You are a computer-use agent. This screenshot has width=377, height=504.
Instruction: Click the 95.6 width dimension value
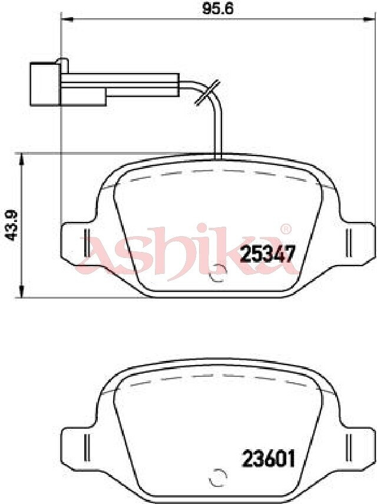tap(217, 9)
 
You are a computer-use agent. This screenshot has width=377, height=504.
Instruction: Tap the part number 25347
tap(267, 254)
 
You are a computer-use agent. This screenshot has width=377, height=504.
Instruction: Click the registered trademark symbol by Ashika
tap(286, 229)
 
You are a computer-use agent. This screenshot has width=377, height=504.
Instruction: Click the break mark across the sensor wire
tap(207, 92)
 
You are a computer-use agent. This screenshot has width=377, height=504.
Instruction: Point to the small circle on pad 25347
tap(218, 273)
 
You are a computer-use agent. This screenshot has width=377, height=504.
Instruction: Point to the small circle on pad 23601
tap(218, 477)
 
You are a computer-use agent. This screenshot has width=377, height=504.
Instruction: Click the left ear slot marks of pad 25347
tap(86, 243)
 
